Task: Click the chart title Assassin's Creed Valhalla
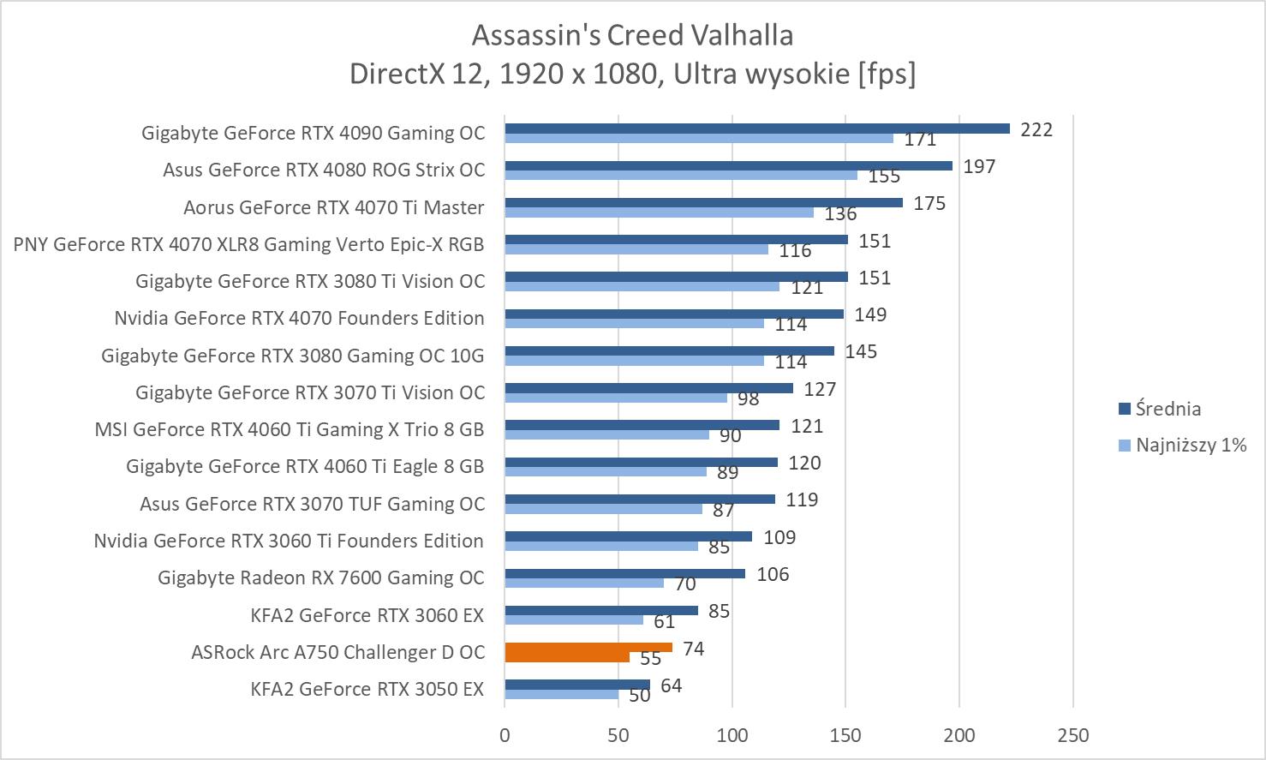pyautogui.click(x=632, y=35)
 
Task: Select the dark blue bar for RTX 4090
pyautogui.click(x=757, y=129)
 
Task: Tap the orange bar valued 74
pyautogui.click(x=588, y=648)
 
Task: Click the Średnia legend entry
pyautogui.click(x=1167, y=409)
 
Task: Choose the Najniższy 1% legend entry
pyautogui.click(x=1190, y=445)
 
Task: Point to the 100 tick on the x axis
pyautogui.click(x=732, y=735)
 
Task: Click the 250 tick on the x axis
pyautogui.click(x=1073, y=735)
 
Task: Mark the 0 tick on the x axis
pyautogui.click(x=505, y=735)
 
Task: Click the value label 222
pyautogui.click(x=1036, y=129)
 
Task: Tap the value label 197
pyautogui.click(x=979, y=166)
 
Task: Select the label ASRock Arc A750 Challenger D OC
pyautogui.click(x=337, y=652)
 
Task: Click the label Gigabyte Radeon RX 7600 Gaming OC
pyautogui.click(x=321, y=577)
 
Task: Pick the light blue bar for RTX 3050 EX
pyautogui.click(x=561, y=694)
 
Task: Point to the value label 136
pyautogui.click(x=840, y=214)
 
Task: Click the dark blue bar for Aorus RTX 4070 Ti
pyautogui.click(x=703, y=203)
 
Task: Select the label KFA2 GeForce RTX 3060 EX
pyautogui.click(x=367, y=615)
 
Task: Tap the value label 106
pyautogui.click(x=773, y=574)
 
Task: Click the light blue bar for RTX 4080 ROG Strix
pyautogui.click(x=681, y=175)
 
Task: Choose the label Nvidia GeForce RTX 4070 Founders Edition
pyautogui.click(x=299, y=318)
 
